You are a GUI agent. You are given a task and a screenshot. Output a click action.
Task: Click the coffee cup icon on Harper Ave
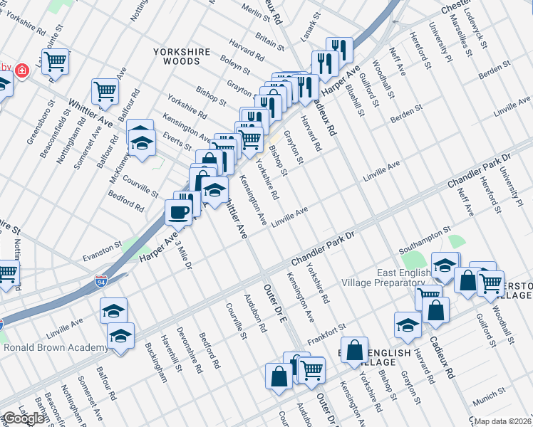tap(178, 211)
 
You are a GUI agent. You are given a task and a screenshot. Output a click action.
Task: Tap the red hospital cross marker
tap(22, 71)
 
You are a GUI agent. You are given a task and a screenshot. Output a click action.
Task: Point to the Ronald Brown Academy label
tap(56, 348)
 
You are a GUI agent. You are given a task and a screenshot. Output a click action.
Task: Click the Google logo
tap(24, 418)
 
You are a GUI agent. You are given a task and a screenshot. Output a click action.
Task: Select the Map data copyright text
tap(503, 421)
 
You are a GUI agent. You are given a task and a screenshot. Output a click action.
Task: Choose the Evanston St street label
tap(103, 251)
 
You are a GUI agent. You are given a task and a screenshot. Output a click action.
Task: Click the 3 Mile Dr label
tap(182, 251)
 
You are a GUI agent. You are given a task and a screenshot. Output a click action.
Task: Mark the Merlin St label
tap(254, 11)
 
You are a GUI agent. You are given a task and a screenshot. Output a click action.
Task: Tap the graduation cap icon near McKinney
tap(141, 144)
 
